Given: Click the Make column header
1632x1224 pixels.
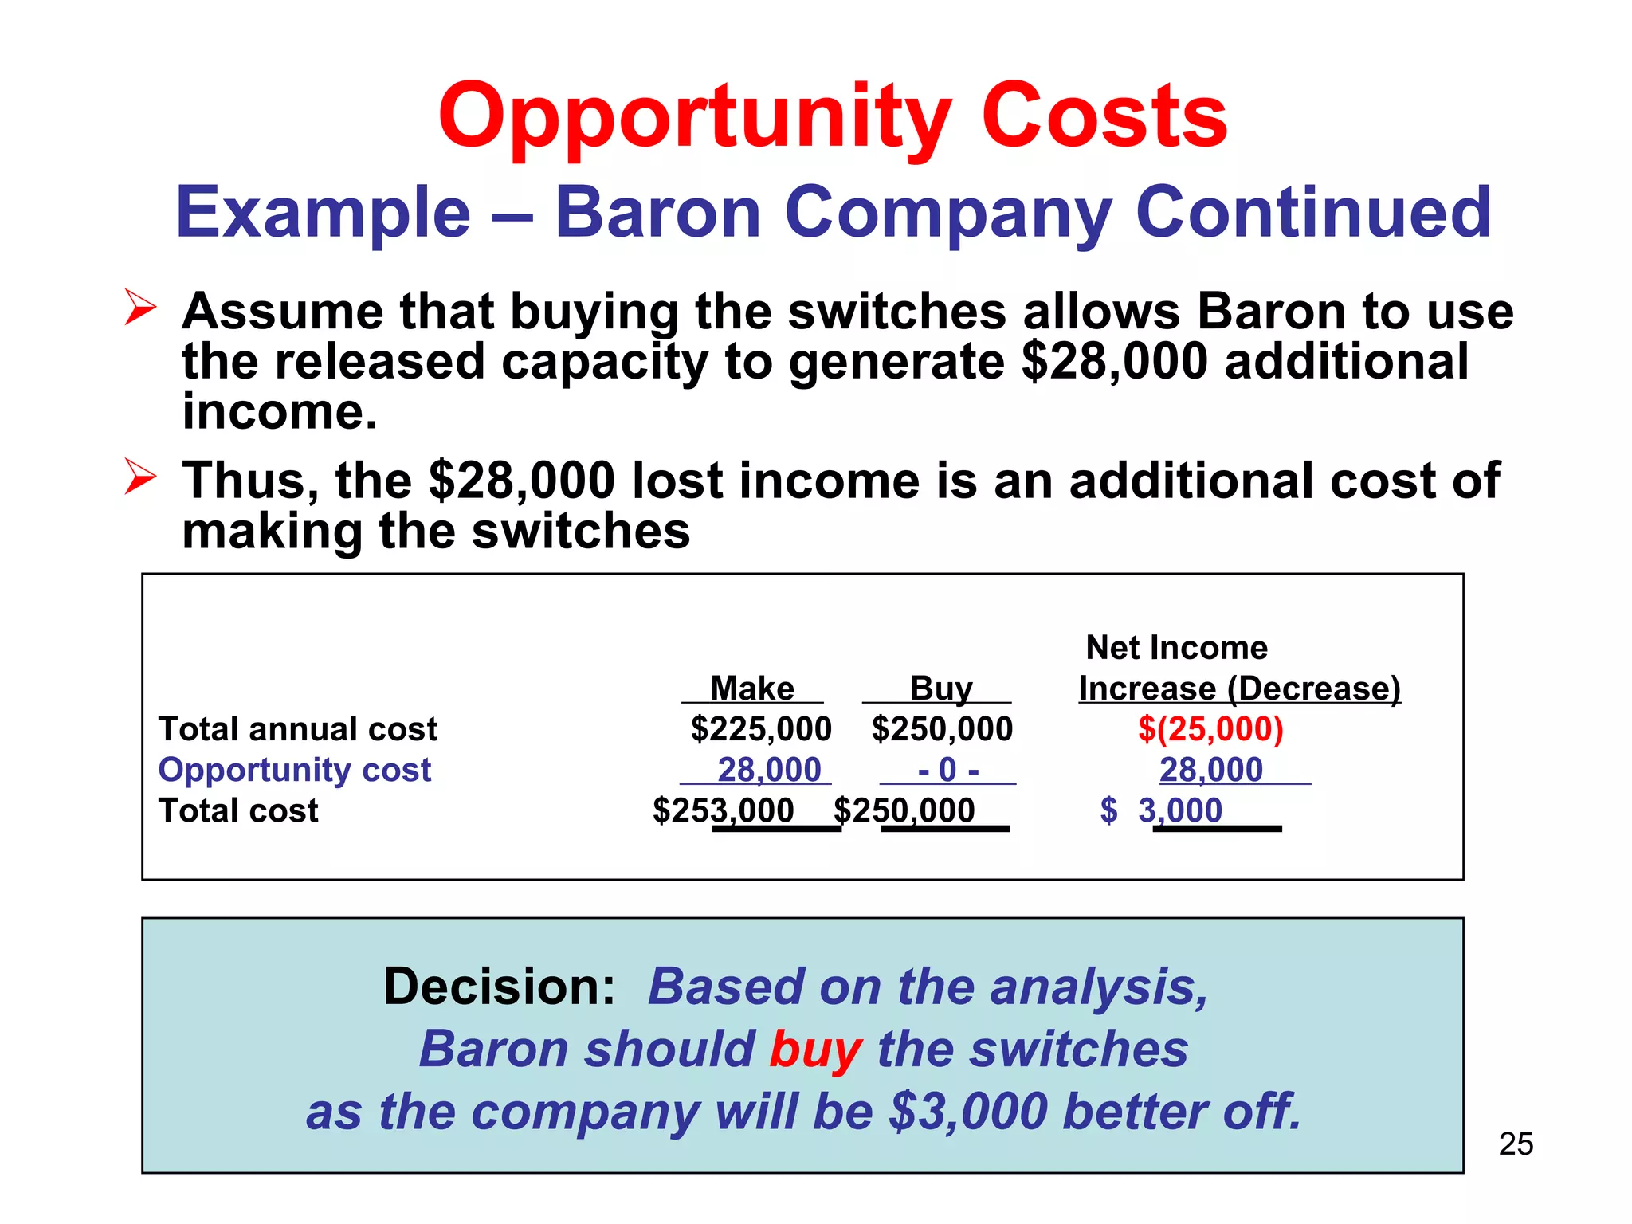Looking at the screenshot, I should (752, 688).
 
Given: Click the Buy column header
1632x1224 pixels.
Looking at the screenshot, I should (941, 688).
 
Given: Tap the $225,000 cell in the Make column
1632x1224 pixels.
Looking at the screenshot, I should (760, 728).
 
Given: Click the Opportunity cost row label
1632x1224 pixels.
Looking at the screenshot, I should (294, 770).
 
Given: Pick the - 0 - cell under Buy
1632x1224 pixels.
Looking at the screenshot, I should (947, 770).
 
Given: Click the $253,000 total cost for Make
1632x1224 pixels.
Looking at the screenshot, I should (724, 810).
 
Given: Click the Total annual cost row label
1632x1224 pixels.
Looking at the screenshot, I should (297, 728).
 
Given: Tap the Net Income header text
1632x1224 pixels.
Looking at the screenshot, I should (1176, 647).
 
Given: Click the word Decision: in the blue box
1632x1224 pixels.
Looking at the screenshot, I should (499, 987).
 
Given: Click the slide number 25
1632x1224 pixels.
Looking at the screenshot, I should (1516, 1144).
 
